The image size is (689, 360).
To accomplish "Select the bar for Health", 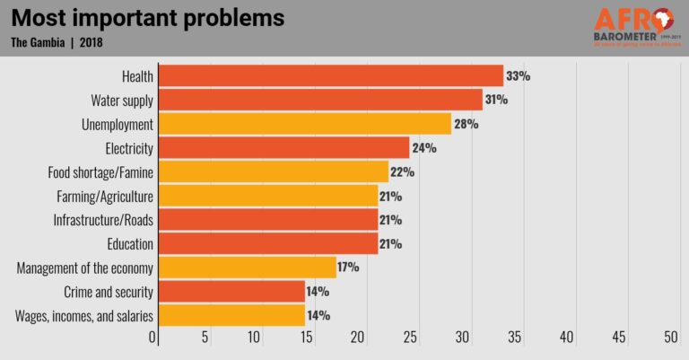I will pyautogui.click(x=330, y=76).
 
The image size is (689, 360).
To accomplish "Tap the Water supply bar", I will pyautogui.click(x=320, y=100).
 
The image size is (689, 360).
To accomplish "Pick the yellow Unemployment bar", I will pyautogui.click(x=304, y=124).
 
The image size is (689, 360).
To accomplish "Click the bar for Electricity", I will pyautogui.click(x=283, y=147).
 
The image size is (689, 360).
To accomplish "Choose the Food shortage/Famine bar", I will pyautogui.click(x=273, y=171).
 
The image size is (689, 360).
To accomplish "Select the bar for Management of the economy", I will pyautogui.click(x=247, y=268).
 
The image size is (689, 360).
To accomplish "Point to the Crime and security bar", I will pyautogui.click(x=231, y=292).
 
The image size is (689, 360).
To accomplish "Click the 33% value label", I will pyautogui.click(x=519, y=76).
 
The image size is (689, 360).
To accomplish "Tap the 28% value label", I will pyautogui.click(x=467, y=124).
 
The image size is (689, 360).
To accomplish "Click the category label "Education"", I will pyautogui.click(x=129, y=243).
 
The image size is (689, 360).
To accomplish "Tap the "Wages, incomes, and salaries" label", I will pyautogui.click(x=85, y=315).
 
